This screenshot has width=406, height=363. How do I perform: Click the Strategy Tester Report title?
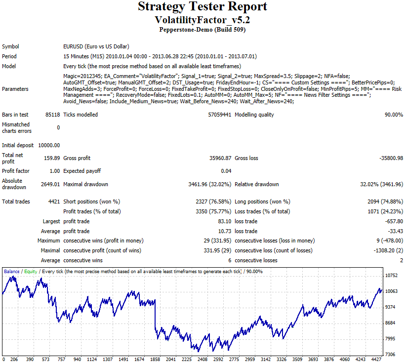[x=203, y=7]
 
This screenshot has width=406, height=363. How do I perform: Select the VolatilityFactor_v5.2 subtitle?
[x=203, y=20]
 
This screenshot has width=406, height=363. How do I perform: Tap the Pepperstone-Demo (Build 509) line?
[x=203, y=30]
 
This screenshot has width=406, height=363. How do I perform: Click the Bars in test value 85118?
[x=52, y=115]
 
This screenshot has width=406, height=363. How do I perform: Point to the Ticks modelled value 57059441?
[x=220, y=115]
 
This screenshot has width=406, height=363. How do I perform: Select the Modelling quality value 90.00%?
[x=393, y=115]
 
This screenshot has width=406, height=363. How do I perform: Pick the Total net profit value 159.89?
[x=52, y=158]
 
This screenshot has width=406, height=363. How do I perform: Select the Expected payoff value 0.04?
[x=226, y=171]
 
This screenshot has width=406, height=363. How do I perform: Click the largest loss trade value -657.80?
[x=394, y=221]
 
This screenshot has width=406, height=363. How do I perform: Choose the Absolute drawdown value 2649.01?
[x=50, y=184]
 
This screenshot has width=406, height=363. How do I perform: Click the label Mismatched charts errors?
[x=16, y=127]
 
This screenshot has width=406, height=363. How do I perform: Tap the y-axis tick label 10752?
[x=392, y=275]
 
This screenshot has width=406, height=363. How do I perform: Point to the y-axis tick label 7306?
[x=392, y=354]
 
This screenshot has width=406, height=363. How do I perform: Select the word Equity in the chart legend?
[x=31, y=271]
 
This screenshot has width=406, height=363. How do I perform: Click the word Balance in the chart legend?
[x=12, y=271]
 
